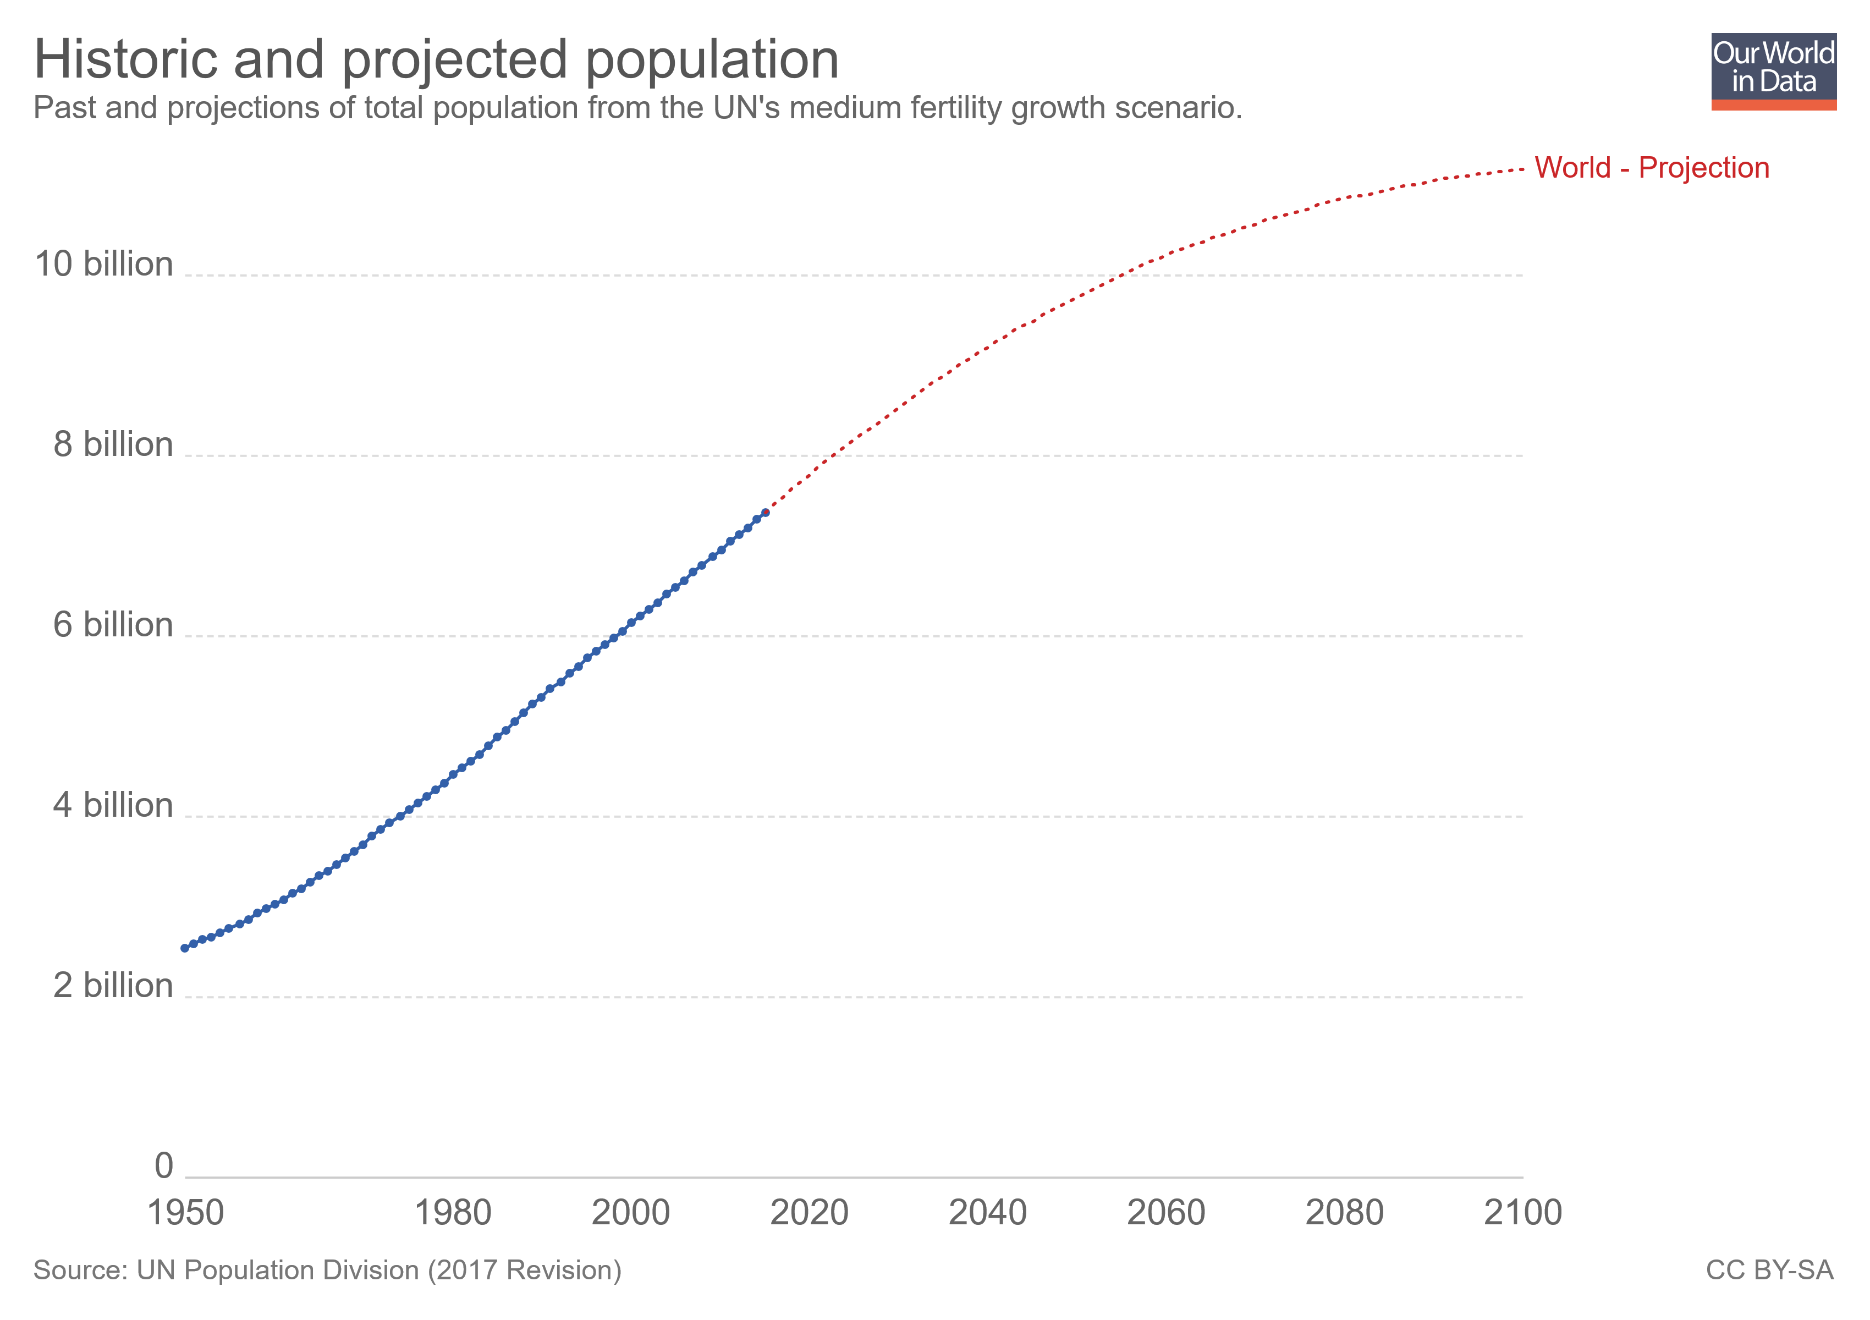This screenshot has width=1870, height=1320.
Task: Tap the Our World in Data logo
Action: [x=1773, y=71]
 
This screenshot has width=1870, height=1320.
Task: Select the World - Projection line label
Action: [x=1651, y=168]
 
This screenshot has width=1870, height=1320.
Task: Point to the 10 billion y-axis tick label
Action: [x=103, y=265]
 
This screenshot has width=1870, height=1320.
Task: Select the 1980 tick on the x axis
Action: [x=453, y=1213]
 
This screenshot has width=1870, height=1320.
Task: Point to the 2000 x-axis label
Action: [x=630, y=1213]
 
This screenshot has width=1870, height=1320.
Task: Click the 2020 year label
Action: [x=809, y=1213]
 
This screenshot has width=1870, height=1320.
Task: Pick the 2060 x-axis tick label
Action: [x=1165, y=1213]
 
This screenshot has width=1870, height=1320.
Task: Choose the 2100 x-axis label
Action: [x=1522, y=1213]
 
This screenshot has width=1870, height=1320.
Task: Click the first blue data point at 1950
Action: [x=185, y=948]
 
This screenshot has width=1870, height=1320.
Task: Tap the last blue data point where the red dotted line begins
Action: [x=765, y=512]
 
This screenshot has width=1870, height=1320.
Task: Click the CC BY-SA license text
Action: [x=1769, y=1270]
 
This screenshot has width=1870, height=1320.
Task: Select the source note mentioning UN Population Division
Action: [x=327, y=1270]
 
